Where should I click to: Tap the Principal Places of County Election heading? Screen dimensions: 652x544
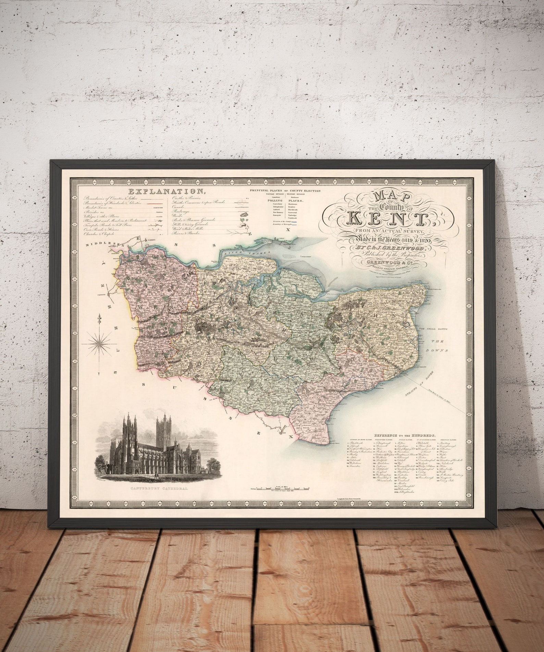click(x=285, y=191)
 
